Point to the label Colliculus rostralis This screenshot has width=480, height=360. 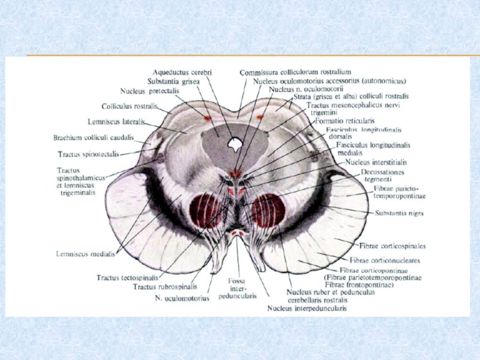(x=129, y=106)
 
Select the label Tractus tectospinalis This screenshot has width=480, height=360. (x=127, y=278)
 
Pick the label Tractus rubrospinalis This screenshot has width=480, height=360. (x=164, y=286)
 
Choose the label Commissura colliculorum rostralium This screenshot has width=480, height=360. (x=295, y=73)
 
